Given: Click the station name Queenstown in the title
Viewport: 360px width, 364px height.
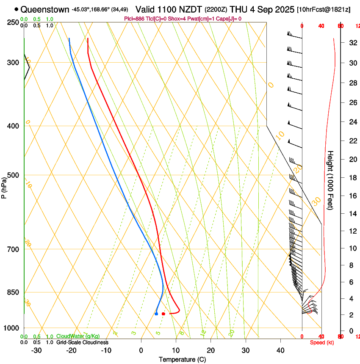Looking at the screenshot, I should click(x=44, y=9).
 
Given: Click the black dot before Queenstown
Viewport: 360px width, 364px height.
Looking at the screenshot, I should click(x=16, y=9).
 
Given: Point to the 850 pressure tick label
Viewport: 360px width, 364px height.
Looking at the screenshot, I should click(x=12, y=292).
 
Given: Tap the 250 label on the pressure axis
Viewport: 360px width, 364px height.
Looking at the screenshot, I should click(x=12, y=22).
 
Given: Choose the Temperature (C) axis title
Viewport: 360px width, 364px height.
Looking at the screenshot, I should click(x=182, y=359).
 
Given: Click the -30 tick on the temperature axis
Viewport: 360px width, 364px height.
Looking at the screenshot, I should click(x=36, y=350).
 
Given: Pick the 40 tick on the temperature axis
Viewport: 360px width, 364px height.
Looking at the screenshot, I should click(x=280, y=350).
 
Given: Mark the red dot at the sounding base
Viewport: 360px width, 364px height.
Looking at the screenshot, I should click(x=163, y=314).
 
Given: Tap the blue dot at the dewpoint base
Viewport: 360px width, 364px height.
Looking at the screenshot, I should click(x=157, y=314).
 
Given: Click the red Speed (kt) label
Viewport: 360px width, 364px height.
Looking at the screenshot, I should click(x=322, y=342).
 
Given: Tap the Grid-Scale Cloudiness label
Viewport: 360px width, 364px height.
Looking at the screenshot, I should click(x=82, y=342).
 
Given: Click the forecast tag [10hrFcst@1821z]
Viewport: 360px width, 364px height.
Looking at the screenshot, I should click(x=324, y=9).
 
